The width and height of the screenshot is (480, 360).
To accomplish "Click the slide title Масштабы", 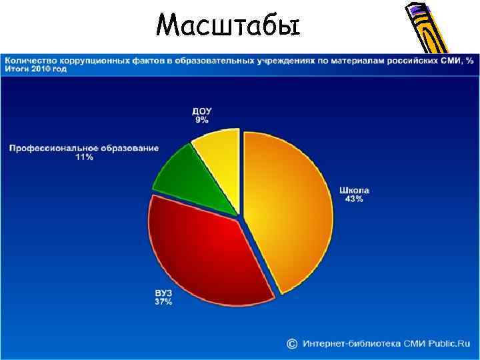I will pos(228,26).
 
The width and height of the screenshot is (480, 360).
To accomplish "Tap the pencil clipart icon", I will pos(427,29).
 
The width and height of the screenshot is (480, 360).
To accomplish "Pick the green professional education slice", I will pos(187,180).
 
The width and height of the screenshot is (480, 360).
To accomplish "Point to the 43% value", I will pos(354,199).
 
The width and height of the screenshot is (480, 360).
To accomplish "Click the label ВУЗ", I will pos(163,293).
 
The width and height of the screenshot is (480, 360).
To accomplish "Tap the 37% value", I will pos(163,302).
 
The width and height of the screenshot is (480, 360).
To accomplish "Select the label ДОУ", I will pos(202,111).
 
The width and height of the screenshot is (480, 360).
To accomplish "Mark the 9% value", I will pos(202,120).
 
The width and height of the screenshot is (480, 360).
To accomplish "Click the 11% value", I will pos(84,157).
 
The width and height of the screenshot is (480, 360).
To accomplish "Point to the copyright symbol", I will pos(292,343).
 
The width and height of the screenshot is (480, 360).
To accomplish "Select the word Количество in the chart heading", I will pos(31,61).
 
